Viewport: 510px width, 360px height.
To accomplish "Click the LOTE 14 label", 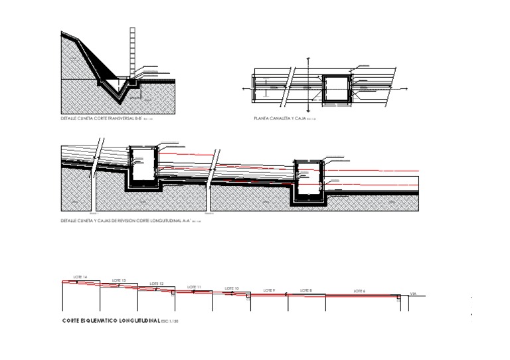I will [x=80, y=276].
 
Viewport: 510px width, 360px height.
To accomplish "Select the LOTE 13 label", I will [x=119, y=280].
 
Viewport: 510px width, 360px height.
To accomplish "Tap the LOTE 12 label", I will [x=157, y=284].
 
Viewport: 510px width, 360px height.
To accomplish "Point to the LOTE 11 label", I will [x=194, y=287].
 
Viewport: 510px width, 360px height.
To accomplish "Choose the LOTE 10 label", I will [x=232, y=288].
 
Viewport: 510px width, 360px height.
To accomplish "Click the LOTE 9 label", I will [x=268, y=290].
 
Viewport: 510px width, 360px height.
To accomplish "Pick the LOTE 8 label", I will [x=305, y=290].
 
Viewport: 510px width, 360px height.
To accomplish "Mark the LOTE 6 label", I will [x=359, y=291].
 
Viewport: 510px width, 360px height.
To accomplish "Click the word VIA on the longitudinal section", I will [x=413, y=293].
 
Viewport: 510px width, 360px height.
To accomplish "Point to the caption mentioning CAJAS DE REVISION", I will [x=125, y=220].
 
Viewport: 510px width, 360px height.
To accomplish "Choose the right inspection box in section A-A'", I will [x=307, y=179].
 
